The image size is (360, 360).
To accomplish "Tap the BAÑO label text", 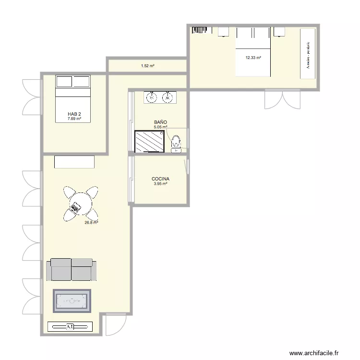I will coord(160,122).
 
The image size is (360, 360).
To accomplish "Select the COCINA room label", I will coord(160,179).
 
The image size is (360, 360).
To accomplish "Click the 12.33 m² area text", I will coord(253,58).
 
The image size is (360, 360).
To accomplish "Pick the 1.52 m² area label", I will coord(147,66).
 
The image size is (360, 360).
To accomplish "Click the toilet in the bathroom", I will coord(176,142).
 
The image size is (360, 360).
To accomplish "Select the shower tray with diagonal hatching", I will coord(150,141).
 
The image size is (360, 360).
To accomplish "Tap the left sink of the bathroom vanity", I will coord(152,98).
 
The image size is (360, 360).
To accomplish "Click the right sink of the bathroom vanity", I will coord(168,98).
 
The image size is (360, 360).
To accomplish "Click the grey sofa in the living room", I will coord(72,269).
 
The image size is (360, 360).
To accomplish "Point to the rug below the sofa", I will coord(72,301).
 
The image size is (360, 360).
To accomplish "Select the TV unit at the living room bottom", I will coord(70,326).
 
